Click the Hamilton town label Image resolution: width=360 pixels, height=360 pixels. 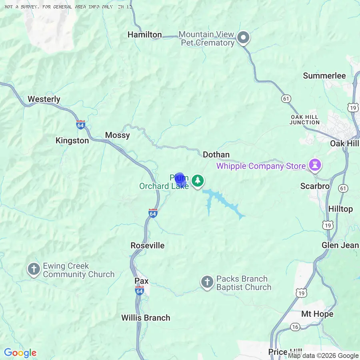point(144,35)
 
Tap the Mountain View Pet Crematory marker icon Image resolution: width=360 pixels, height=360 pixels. point(243,38)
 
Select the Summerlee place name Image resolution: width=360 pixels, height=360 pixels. point(324,76)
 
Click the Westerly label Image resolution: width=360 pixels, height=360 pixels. point(44,99)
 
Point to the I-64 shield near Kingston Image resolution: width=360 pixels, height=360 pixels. point(81,124)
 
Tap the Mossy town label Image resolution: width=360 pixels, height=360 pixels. point(117,135)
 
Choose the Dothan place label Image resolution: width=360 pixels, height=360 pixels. point(216,154)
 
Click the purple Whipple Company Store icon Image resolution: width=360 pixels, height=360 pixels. point(315,166)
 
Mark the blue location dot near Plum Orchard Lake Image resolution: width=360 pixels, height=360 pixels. point(180,178)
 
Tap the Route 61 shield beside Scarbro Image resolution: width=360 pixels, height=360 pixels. point(343,188)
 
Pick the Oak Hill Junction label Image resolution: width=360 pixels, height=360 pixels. point(304,120)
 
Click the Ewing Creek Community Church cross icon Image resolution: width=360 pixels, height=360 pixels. point(34,270)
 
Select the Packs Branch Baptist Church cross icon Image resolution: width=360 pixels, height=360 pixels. point(207,282)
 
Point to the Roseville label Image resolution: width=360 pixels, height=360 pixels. point(148,246)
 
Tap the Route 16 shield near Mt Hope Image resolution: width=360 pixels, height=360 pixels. point(295,327)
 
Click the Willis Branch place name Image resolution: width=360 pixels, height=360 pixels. point(146,318)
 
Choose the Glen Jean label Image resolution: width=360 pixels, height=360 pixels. point(340,245)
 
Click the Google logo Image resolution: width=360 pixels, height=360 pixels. point(20,353)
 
